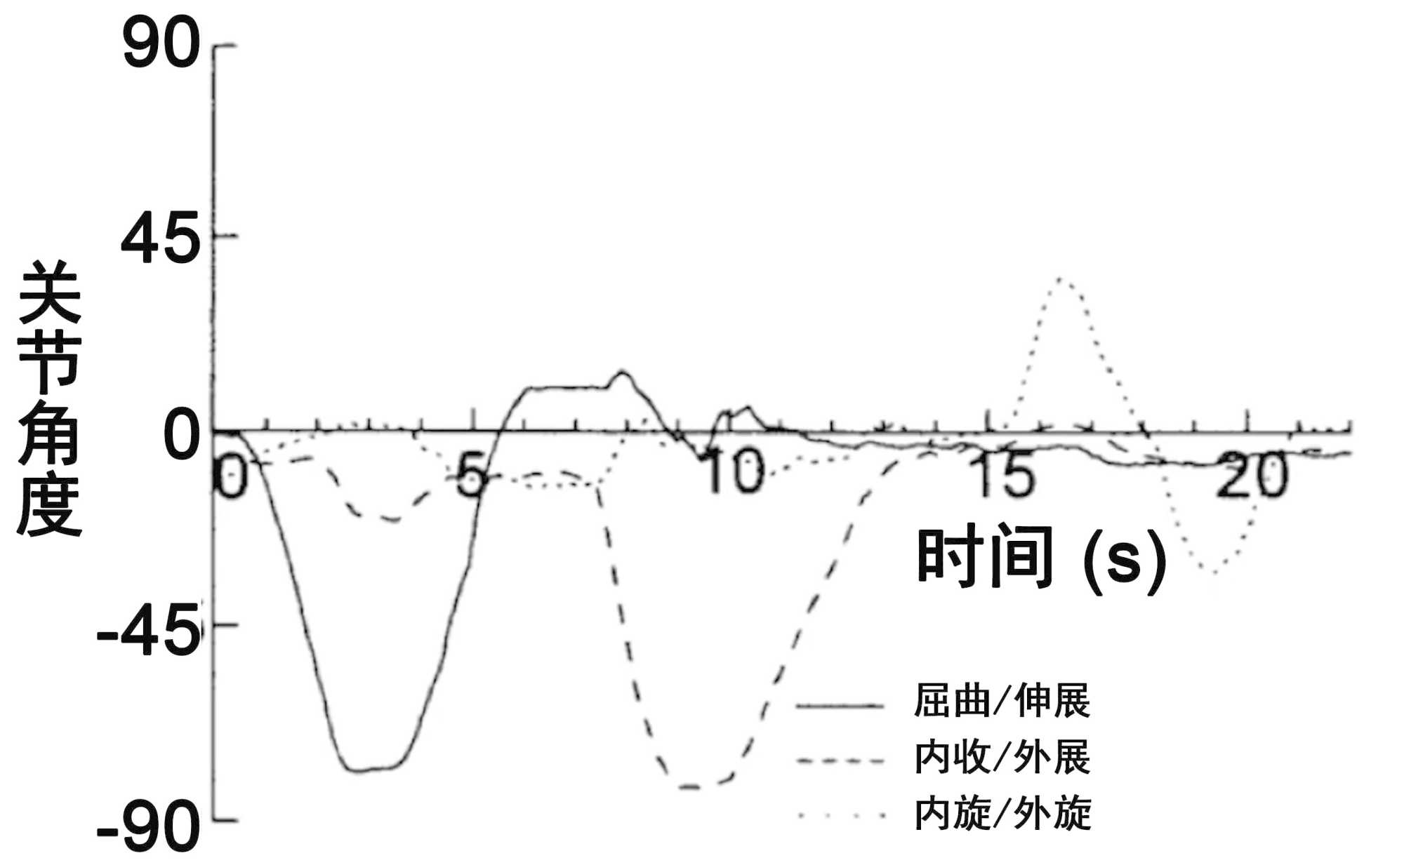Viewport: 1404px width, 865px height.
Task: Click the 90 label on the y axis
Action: (x=161, y=46)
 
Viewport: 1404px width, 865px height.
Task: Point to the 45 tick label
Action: (x=160, y=240)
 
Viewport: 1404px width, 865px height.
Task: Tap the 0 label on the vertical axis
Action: (x=182, y=435)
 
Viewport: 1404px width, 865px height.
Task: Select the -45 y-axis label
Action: (x=147, y=632)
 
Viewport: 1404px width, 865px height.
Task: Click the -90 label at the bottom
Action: (x=148, y=827)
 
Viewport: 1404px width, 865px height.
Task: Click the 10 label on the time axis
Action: (x=734, y=471)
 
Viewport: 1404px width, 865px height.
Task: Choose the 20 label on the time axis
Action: (x=1253, y=475)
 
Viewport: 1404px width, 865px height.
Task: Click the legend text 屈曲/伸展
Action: (x=1002, y=700)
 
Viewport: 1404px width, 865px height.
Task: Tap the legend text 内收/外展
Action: (x=1002, y=757)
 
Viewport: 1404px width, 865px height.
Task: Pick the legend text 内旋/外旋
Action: (x=1002, y=813)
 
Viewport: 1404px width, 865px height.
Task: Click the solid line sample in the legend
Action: (x=840, y=705)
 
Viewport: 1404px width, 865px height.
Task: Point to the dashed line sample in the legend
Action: (x=840, y=760)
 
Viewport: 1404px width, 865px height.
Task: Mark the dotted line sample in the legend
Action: (x=840, y=815)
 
